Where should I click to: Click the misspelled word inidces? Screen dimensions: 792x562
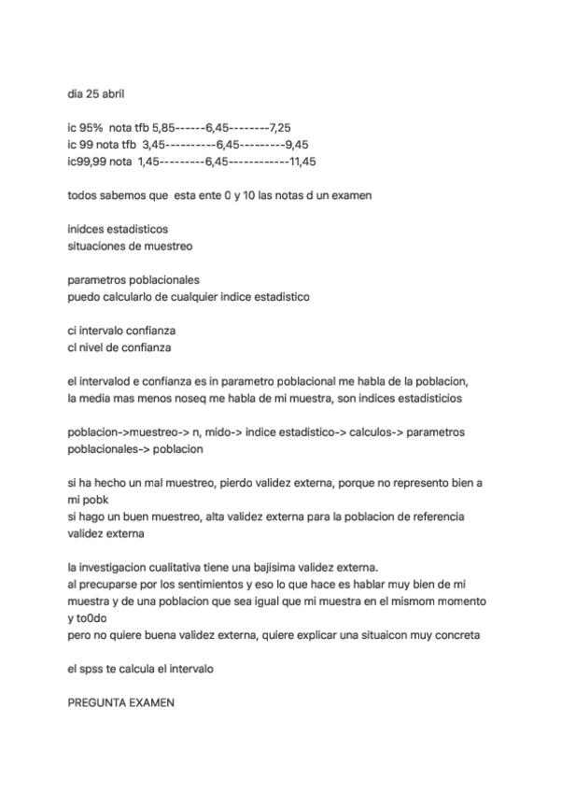88,229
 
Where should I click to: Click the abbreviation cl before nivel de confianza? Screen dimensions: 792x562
73,347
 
